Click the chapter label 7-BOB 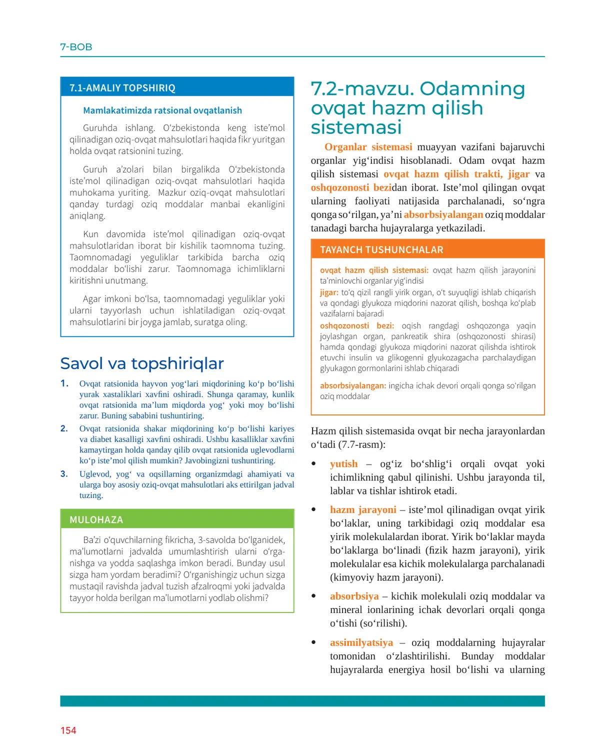tap(76, 47)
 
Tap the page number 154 tap(68, 730)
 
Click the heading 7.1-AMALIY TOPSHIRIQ tap(122, 88)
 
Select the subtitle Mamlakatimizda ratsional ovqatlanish tap(162, 110)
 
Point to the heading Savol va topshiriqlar tap(142, 363)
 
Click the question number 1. tap(64, 383)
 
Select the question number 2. tap(64, 428)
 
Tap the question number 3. tap(64, 474)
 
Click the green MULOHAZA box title tap(96, 520)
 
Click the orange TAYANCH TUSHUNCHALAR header tap(381, 250)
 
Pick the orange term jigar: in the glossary tap(329, 292)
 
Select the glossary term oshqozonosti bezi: tap(357, 326)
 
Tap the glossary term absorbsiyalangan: tap(353, 386)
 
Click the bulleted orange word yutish tap(344, 464)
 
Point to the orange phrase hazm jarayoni tap(363, 510)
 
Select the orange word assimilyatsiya tap(361, 642)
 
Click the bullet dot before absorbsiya tap(314, 596)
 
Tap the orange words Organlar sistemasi tap(368, 147)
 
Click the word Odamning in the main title tap(472, 88)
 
